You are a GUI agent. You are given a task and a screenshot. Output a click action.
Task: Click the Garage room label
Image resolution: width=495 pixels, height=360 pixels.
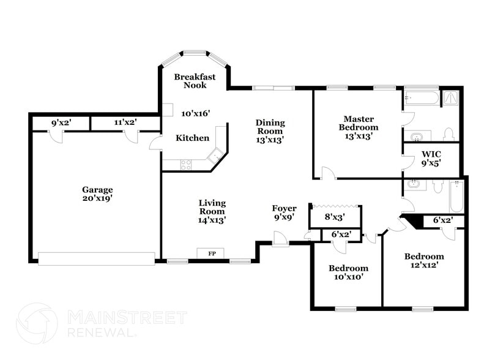point(98,193)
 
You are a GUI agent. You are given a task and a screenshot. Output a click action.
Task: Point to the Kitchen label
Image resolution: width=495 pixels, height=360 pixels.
point(192,138)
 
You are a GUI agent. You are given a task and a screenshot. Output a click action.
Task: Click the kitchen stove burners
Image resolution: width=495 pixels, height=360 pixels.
point(185,164)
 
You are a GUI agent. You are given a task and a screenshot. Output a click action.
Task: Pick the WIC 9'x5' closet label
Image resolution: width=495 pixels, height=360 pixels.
point(431,158)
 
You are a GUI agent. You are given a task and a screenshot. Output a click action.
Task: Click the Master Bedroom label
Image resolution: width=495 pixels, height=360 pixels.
point(359,127)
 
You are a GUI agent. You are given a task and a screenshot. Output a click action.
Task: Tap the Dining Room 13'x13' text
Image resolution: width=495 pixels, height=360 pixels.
point(269,131)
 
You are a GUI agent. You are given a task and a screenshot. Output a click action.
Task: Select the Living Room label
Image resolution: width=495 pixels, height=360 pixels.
point(212,211)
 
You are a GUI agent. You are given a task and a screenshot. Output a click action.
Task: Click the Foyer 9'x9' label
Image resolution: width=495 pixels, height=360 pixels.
point(285,212)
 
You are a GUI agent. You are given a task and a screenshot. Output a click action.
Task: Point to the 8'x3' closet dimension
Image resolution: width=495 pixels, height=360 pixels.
point(335,216)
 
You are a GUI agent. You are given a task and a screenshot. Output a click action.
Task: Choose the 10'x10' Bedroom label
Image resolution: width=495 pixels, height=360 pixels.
point(348,272)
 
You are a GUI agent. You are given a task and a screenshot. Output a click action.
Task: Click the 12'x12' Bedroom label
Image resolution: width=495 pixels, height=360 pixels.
point(424,261)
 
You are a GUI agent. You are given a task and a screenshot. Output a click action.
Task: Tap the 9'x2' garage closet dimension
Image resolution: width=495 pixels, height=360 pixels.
point(61,122)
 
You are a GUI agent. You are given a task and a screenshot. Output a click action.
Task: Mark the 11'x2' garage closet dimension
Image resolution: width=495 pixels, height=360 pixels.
point(125,122)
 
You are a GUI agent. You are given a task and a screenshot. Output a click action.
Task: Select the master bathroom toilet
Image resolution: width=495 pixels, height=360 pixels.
point(448,134)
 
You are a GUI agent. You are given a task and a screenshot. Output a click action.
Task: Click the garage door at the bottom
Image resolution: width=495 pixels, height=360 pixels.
point(97,259)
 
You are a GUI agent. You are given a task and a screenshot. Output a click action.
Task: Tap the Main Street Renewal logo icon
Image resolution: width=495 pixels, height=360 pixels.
point(36,323)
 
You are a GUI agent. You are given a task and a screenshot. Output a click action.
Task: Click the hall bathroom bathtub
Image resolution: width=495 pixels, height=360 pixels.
point(456,196)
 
